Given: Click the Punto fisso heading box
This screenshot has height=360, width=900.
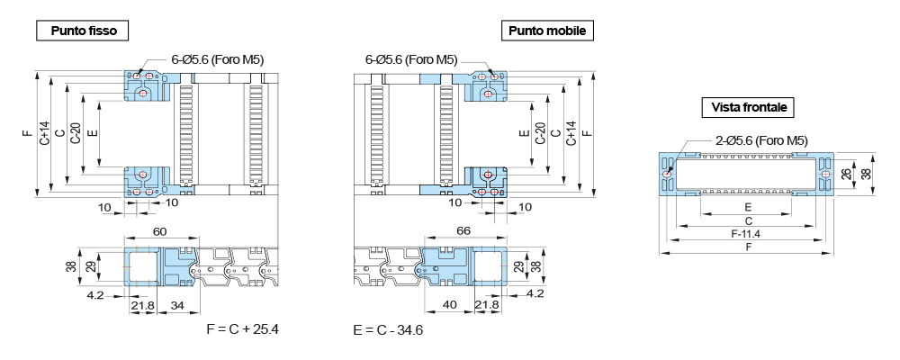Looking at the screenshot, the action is (82, 31).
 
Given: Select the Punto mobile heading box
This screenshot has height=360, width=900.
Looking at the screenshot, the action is (547, 31).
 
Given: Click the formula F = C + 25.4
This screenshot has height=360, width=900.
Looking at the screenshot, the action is (243, 329).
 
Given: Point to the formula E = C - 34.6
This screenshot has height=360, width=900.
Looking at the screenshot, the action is (388, 330).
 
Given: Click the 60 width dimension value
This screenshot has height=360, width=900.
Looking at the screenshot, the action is (160, 230).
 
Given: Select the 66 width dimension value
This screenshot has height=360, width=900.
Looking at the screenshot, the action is (463, 230).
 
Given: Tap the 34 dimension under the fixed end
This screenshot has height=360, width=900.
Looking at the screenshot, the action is (177, 305).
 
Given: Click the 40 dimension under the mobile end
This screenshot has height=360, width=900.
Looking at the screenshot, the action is (450, 305).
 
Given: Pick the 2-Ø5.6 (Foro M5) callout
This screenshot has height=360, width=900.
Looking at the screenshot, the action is (762, 140).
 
